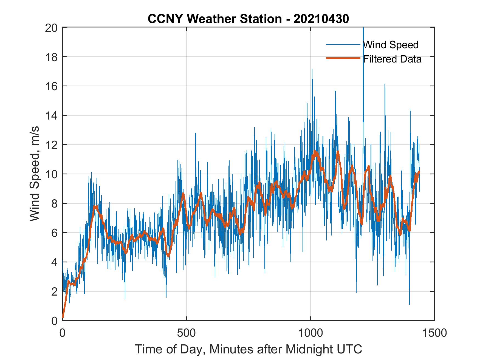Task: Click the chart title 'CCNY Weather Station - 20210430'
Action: (248, 19)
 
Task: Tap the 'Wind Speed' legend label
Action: (391, 45)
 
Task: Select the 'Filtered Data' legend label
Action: (392, 59)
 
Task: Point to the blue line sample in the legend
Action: (343, 44)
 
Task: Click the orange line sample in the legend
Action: (343, 58)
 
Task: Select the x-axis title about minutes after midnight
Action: (249, 349)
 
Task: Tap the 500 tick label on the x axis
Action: (186, 333)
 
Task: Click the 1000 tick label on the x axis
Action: (310, 333)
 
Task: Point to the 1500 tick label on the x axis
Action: (434, 333)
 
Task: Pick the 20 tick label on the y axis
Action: (51, 28)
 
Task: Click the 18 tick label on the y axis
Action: (51, 57)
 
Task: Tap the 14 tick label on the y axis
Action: (51, 116)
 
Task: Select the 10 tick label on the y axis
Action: (51, 174)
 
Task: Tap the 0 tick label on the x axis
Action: (63, 333)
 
